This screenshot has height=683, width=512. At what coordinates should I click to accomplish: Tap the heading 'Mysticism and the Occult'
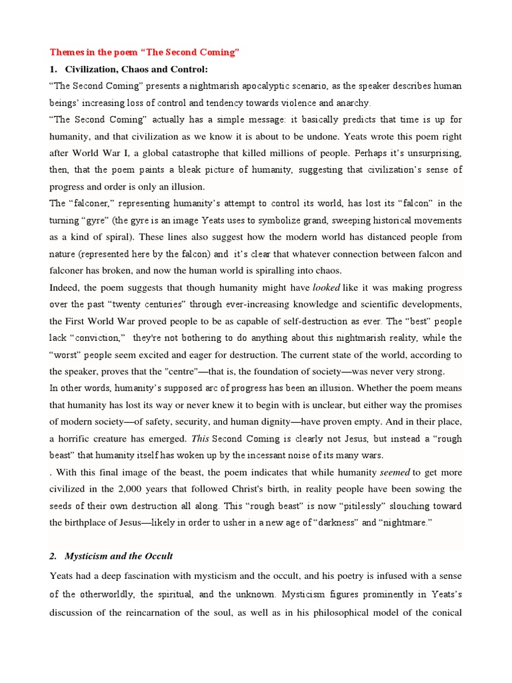[119, 556]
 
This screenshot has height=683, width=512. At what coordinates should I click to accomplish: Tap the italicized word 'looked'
[327, 287]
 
